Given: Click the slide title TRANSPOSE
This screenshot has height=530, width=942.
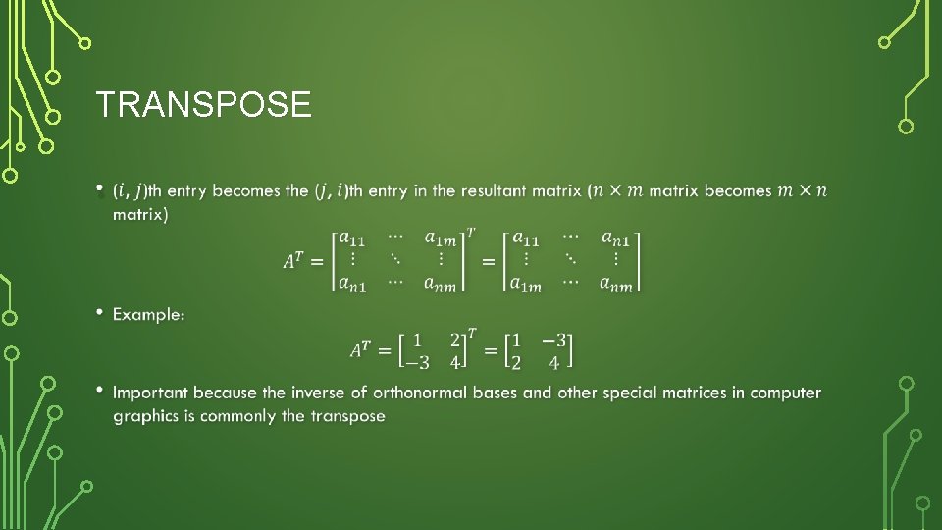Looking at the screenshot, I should pyautogui.click(x=203, y=104).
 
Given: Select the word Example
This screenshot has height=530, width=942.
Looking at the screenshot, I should pyautogui.click(x=148, y=314).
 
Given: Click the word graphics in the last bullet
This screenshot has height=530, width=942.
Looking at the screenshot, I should pyautogui.click(x=153, y=416).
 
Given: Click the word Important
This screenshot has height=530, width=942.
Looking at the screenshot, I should pyautogui.click(x=152, y=393).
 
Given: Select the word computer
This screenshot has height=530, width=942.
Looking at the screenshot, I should pyautogui.click(x=786, y=393).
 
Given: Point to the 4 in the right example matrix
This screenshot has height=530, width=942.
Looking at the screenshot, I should pyautogui.click(x=554, y=364).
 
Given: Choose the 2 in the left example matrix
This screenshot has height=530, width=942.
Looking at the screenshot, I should pyautogui.click(x=454, y=341).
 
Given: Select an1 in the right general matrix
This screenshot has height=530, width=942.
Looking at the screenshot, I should pyautogui.click(x=617, y=238).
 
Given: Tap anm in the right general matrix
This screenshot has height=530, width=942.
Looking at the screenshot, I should pyautogui.click(x=617, y=285).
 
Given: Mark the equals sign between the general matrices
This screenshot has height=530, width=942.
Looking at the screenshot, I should pyautogui.click(x=488, y=263).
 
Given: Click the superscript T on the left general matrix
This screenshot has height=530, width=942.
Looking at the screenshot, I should pyautogui.click(x=472, y=233).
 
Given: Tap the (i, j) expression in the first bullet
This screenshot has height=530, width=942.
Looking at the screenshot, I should pyautogui.click(x=130, y=190).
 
